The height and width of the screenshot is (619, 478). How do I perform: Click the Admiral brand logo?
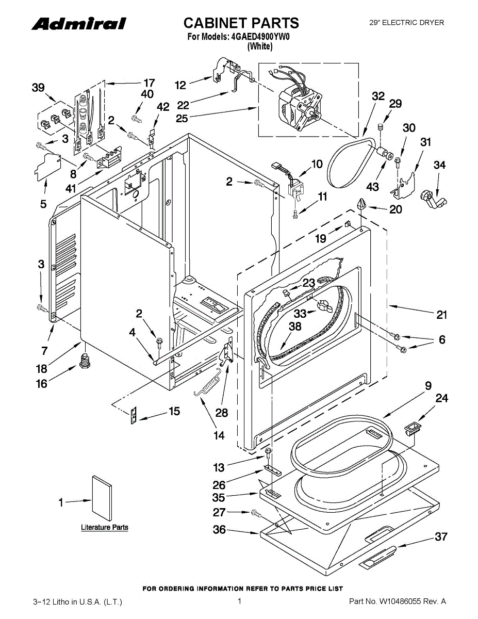79,24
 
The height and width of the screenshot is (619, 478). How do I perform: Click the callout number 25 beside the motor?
182,118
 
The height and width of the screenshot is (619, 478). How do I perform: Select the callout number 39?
38,88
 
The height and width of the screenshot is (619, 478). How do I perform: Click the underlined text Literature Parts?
105,527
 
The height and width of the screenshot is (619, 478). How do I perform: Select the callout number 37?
441,536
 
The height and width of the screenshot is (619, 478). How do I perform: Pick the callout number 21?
441,315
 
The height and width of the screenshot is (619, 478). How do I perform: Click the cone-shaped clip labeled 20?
361,204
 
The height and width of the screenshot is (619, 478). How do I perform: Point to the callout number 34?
439,165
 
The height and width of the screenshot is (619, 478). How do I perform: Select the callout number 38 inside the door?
295,327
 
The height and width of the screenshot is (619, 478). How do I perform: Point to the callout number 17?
149,83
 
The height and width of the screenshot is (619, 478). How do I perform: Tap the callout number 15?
174,411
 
